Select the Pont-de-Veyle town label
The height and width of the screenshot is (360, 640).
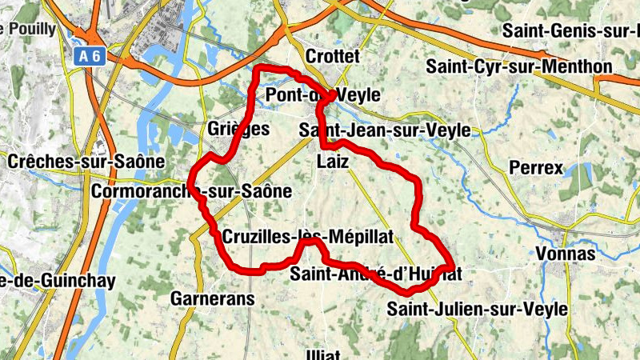coord(322,95)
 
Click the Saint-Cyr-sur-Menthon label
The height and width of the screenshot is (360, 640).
coord(518,66)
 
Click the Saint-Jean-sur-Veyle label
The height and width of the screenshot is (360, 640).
coord(372,129)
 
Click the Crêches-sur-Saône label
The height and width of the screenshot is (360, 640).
coord(86,161)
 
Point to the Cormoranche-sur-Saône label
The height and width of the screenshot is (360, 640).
coord(192,192)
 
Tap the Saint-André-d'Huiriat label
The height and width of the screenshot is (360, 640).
coord(376,274)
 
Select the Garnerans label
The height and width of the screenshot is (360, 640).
coord(212,299)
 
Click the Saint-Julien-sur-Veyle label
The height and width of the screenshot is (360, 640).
coord(477,308)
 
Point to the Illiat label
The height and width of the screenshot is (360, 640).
coord(323,354)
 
